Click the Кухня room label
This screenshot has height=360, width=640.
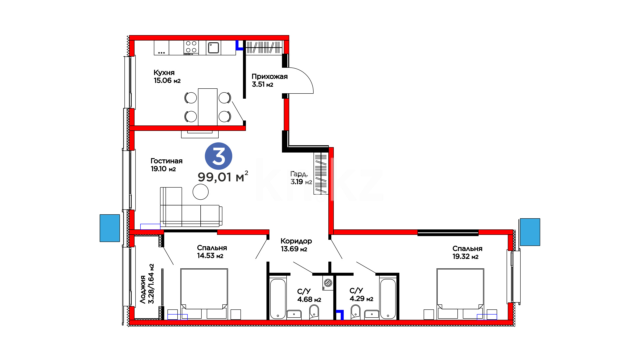(164, 73)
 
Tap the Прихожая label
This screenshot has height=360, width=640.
(270, 77)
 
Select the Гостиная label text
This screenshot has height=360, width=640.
(167, 161)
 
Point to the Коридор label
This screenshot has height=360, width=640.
(296, 241)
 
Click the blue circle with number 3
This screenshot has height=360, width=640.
(218, 156)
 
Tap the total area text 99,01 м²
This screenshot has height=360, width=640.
(223, 177)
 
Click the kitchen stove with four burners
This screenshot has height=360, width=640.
(191, 48)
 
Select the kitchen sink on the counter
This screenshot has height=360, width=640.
(213, 48)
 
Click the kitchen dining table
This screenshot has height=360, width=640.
(208, 107)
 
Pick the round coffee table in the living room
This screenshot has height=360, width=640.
(201, 192)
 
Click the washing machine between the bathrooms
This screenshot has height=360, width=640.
(328, 283)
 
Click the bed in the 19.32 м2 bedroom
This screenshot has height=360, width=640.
(460, 294)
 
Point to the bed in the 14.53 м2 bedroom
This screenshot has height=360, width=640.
(204, 294)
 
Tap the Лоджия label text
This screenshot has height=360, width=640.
(143, 289)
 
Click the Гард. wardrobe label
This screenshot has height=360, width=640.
(299, 174)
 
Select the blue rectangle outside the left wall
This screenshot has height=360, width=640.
(110, 228)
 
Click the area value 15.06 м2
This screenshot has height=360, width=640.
(167, 81)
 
